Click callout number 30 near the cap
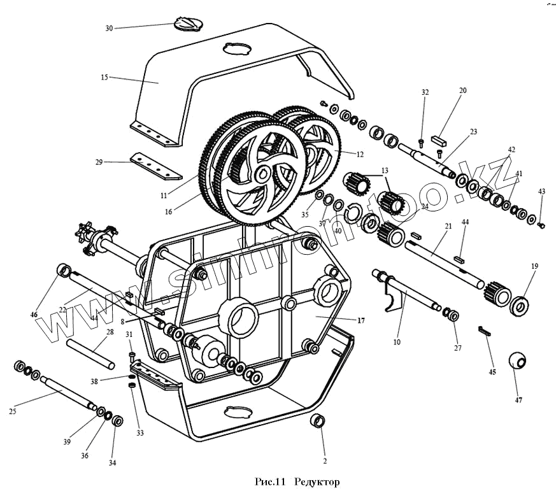(x=109, y=28)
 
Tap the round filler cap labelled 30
(x=187, y=24)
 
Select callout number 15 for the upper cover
(x=104, y=77)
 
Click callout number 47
(x=518, y=400)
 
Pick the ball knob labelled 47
(x=518, y=361)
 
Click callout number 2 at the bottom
(x=324, y=460)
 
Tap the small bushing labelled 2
(x=318, y=421)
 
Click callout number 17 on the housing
(x=360, y=320)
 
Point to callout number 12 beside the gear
(x=360, y=154)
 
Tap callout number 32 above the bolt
(x=425, y=92)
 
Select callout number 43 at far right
(x=541, y=191)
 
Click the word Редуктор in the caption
(x=318, y=483)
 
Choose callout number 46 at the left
(x=34, y=314)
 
